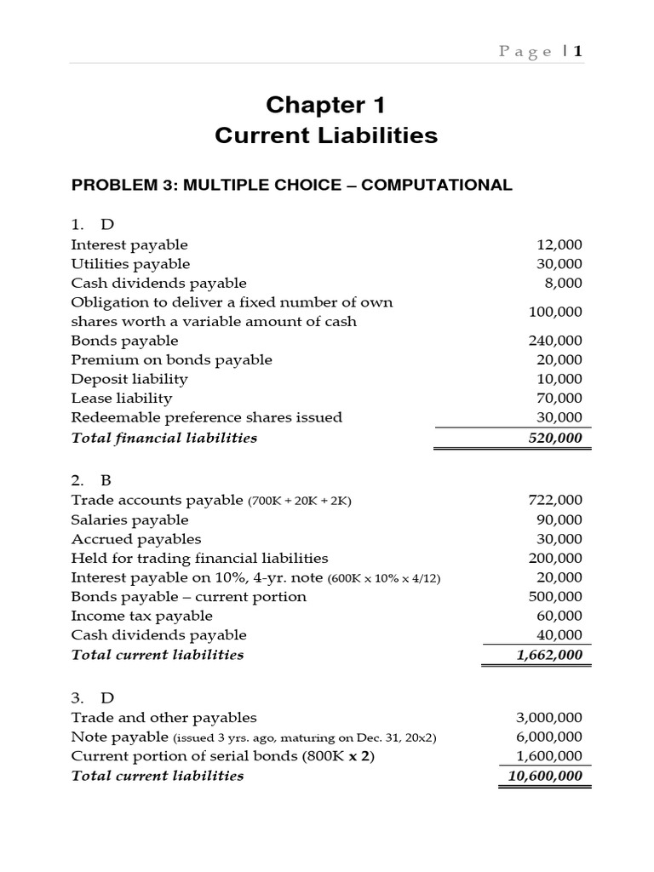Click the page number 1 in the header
pos(578,52)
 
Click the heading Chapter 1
pos(326,105)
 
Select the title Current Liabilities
pos(326,135)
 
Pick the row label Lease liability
pos(122,399)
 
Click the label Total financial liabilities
pos(164,438)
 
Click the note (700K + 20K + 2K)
pos(299,502)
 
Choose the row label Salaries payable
pos(130,520)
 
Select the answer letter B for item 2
pos(106,480)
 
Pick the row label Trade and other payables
pos(164,718)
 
